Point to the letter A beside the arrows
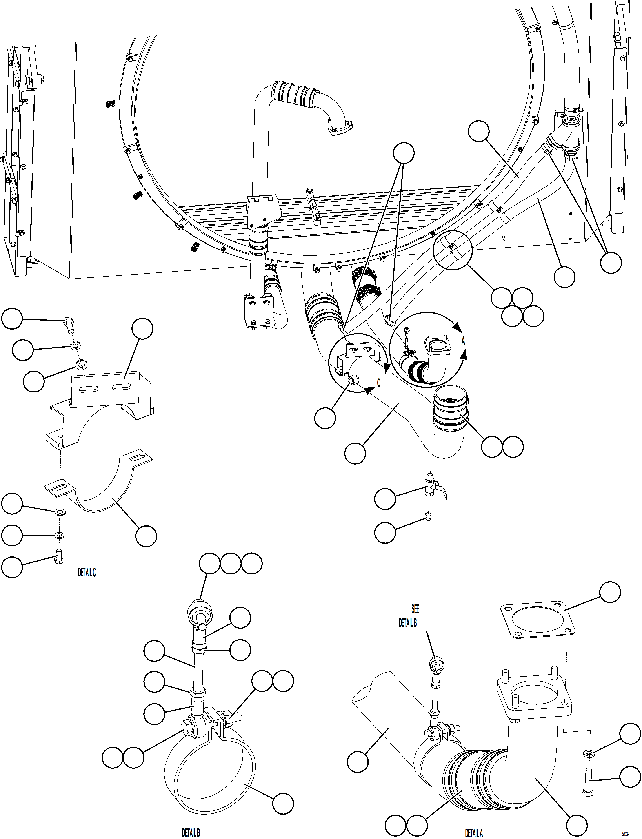463,341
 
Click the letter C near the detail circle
379,383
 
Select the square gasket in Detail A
538,620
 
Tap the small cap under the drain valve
428,518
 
